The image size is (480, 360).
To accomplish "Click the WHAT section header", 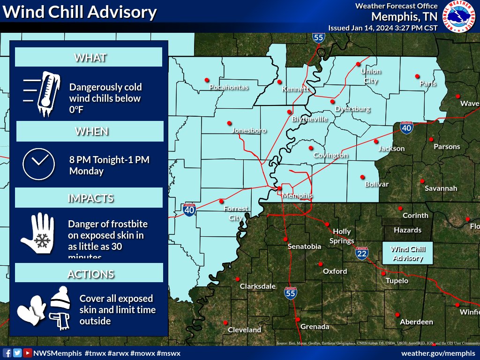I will (x=89, y=58).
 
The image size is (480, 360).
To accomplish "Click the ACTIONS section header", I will (x=89, y=274).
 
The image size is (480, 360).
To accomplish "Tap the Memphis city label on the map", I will (x=297, y=196).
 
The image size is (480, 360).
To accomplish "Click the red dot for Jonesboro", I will (x=229, y=123).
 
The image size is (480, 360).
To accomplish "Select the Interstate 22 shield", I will (x=361, y=254).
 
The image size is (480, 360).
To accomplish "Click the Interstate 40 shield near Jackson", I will (x=406, y=127).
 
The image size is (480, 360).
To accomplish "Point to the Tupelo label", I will (x=397, y=281).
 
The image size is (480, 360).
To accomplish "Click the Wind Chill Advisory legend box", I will (x=407, y=254).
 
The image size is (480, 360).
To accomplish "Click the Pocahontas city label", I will (x=229, y=87).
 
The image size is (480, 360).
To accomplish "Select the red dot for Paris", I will (x=417, y=76).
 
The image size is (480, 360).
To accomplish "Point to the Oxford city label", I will (x=335, y=271).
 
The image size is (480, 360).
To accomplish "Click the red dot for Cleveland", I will (x=225, y=322).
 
